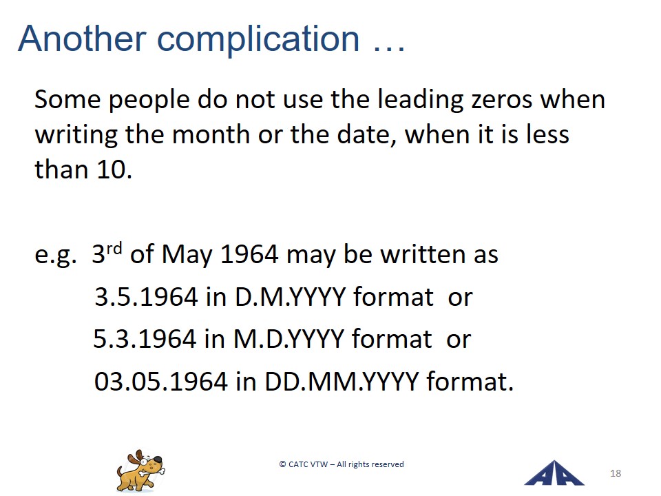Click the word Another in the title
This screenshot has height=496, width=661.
(x=82, y=39)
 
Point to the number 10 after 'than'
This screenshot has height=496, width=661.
(x=112, y=169)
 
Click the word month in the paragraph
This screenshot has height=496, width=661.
(x=211, y=134)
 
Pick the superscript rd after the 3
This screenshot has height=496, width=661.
(x=114, y=249)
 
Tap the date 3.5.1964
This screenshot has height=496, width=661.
(x=146, y=296)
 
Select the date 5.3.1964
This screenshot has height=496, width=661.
(x=144, y=339)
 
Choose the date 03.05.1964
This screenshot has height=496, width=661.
(x=160, y=381)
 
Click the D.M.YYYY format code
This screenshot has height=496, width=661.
(x=290, y=296)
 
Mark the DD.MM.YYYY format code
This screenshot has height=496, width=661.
(x=342, y=381)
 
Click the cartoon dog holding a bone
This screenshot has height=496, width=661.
(x=140, y=471)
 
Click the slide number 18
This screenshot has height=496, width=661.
(x=616, y=473)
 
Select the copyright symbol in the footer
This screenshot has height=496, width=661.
(x=282, y=464)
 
